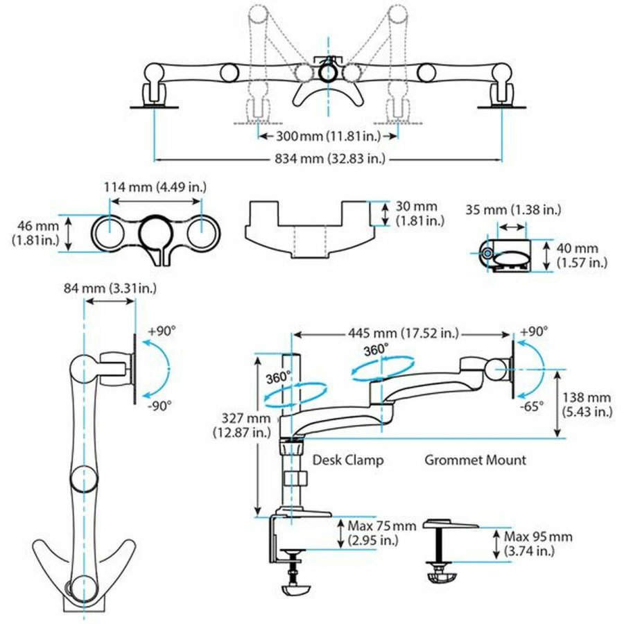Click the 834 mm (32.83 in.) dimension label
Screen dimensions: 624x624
click(x=327, y=159)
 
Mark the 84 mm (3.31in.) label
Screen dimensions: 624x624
click(x=102, y=287)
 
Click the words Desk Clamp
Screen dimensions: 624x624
click(x=347, y=460)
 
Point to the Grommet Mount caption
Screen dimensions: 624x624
click(x=475, y=460)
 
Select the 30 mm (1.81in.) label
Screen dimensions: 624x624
click(x=417, y=214)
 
